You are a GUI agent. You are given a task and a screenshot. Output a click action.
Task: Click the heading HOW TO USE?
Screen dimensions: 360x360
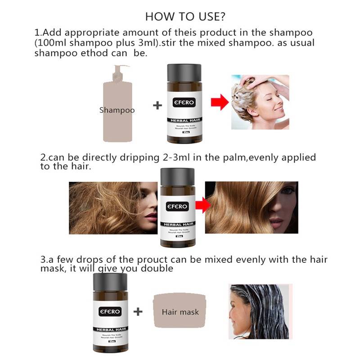pyautogui.click(x=185, y=17)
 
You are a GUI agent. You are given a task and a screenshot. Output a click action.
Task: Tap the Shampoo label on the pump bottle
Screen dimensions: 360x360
pyautogui.click(x=117, y=110)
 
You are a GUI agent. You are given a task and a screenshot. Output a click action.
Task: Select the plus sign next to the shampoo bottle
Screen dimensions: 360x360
pyautogui.click(x=157, y=105)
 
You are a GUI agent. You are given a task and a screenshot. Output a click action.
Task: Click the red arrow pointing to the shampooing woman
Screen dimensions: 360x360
pyautogui.click(x=219, y=103)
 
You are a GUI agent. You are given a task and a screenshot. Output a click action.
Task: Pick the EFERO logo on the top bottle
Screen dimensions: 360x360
pyautogui.click(x=184, y=102)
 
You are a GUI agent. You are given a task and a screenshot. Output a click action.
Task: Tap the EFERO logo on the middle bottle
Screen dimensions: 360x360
pyautogui.click(x=177, y=207)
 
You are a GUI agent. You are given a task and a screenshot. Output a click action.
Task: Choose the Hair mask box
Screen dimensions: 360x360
pyautogui.click(x=180, y=311)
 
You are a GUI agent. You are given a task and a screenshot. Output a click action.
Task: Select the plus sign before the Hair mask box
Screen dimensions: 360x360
pyautogui.click(x=139, y=311)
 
